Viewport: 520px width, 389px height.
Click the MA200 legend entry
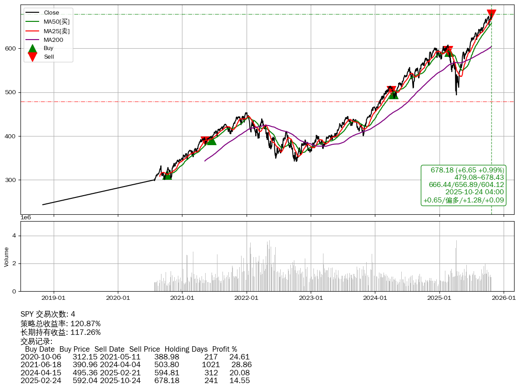pyautogui.click(x=53, y=40)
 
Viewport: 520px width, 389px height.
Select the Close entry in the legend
pyautogui.click(x=51, y=12)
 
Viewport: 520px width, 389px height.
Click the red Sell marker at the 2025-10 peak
pyautogui.click(x=491, y=14)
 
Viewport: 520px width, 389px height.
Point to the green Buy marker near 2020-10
pyautogui.click(x=167, y=175)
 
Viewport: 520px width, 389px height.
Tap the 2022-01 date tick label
pyautogui.click(x=247, y=298)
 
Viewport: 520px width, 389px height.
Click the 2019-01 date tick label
pyautogui.click(x=54, y=298)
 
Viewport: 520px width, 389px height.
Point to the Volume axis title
pyautogui.click(x=6, y=257)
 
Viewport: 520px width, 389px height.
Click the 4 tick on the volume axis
pyautogui.click(x=15, y=236)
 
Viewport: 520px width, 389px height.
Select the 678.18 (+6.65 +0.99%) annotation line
pyautogui.click(x=467, y=170)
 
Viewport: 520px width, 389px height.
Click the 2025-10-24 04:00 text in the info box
pyautogui.click(x=475, y=192)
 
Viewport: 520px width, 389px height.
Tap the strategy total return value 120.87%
pyautogui.click(x=86, y=324)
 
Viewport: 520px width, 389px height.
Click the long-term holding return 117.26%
pyautogui.click(x=86, y=333)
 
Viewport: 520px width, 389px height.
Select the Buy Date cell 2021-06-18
pyautogui.click(x=40, y=365)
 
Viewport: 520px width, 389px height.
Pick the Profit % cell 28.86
pyautogui.click(x=241, y=365)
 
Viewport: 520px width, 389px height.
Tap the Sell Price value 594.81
pyautogui.click(x=167, y=373)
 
